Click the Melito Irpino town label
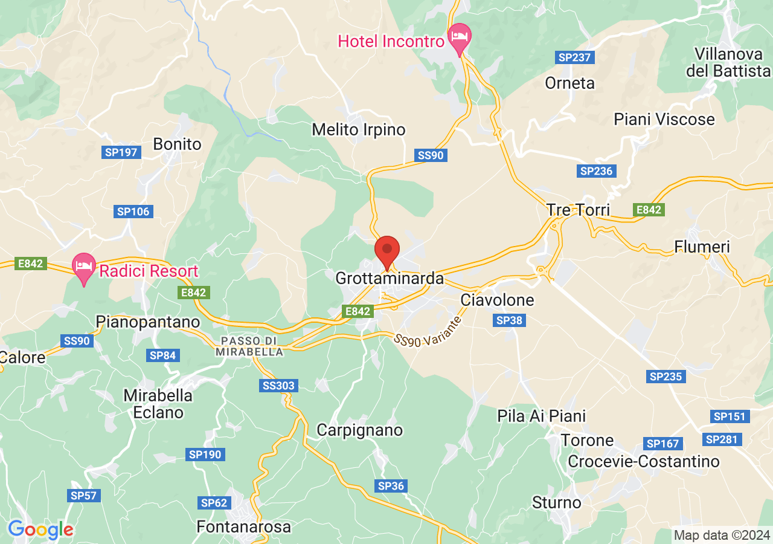coord(359,129)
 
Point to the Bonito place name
coord(177,144)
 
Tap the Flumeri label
coord(702,247)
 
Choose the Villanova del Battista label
coord(728,62)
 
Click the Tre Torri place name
coord(578,210)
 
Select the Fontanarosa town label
coord(244,526)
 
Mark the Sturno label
coord(557,502)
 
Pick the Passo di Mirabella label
coord(252,346)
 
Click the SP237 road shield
coord(575,57)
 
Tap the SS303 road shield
coord(280,385)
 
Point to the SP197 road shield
coord(121,152)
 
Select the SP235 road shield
coord(666,377)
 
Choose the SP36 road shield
coord(391,485)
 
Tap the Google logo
coord(40,529)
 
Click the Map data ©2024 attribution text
coord(722,535)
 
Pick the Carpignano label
coord(360,430)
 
